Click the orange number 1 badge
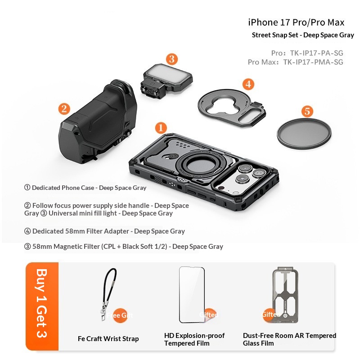pyautogui.click(x=161, y=128)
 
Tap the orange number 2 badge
pyautogui.click(x=64, y=108)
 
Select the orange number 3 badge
pyautogui.click(x=171, y=59)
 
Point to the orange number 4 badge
pyautogui.click(x=248, y=84)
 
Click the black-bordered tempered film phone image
pyautogui.click(x=192, y=294)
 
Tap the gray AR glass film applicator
pyautogui.click(x=284, y=294)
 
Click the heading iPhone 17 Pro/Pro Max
pyautogui.click(x=297, y=22)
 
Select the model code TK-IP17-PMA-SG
pyautogui.click(x=313, y=62)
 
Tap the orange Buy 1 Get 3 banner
pyautogui.click(x=42, y=306)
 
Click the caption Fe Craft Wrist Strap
pyautogui.click(x=108, y=338)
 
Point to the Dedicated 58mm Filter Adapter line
pyautogui.click(x=104, y=231)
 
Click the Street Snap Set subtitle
pyautogui.click(x=303, y=35)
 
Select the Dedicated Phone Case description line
pyautogui.click(x=85, y=188)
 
